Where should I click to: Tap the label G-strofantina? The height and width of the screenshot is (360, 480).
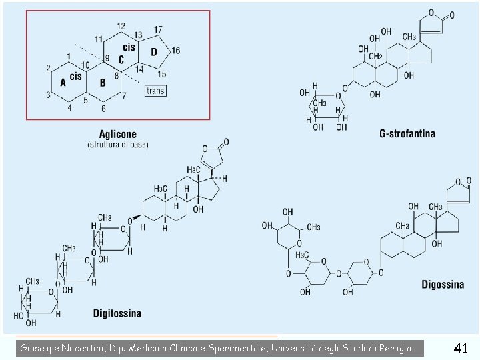point(407,133)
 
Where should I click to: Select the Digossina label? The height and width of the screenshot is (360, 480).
point(443,285)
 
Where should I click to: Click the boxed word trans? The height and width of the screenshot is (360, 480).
point(155,90)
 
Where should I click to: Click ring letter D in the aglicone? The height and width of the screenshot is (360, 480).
point(154,52)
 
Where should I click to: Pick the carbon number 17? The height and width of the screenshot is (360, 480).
point(158,29)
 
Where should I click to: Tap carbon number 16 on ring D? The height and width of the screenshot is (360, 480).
point(175,51)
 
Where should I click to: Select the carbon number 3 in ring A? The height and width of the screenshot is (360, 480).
point(48,95)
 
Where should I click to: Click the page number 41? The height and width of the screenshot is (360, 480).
point(461,347)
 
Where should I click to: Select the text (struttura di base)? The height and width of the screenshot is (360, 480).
point(118,145)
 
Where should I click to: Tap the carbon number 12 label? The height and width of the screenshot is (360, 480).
point(121,26)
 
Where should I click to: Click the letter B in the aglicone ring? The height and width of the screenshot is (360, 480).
point(103,83)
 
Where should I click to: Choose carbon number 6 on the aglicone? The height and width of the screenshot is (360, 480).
point(103,109)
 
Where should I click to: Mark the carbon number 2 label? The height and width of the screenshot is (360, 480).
point(48,68)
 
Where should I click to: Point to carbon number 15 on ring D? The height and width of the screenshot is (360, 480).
point(162,73)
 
